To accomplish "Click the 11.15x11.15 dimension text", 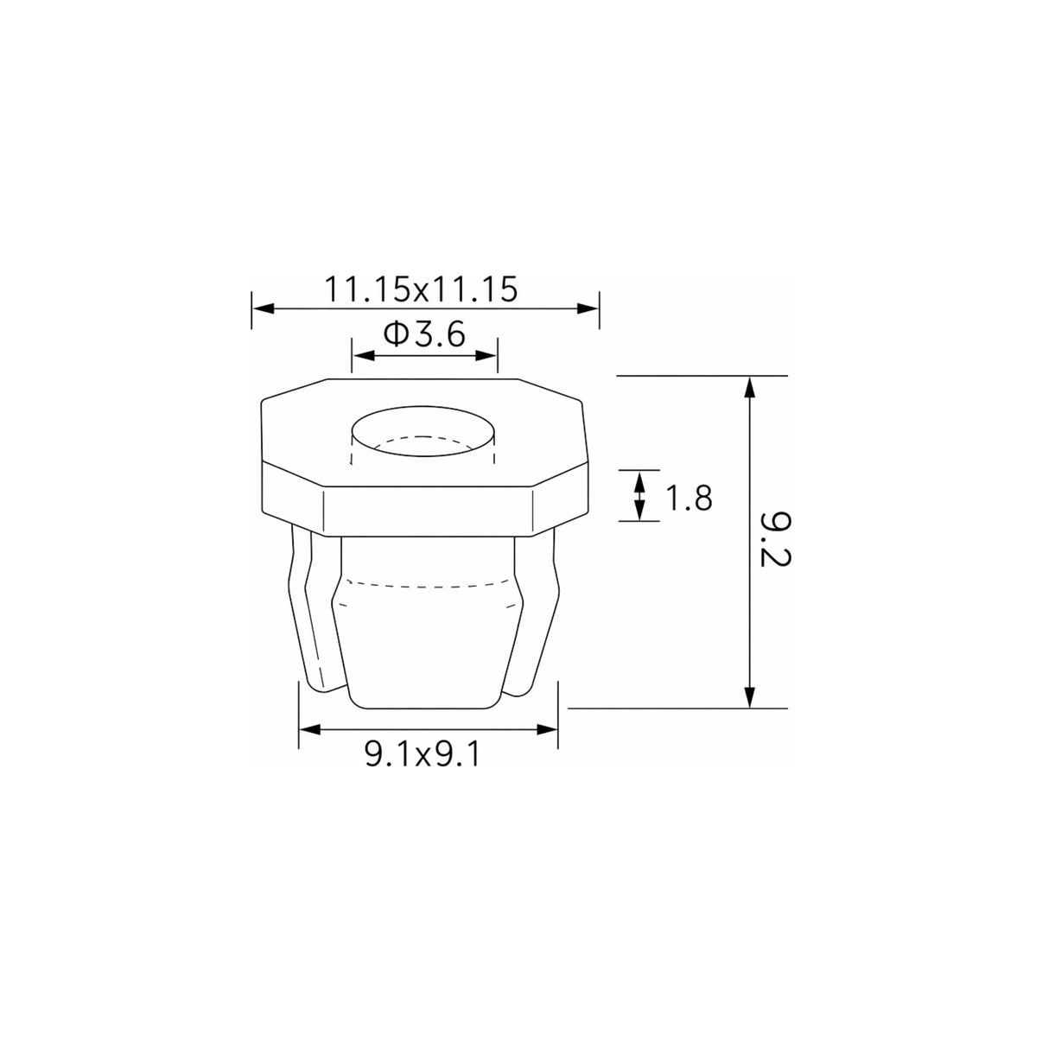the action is (421, 289).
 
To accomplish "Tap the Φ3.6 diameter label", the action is (424, 334).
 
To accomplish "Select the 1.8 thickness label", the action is (688, 498).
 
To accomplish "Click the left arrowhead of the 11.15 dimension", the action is (263, 308).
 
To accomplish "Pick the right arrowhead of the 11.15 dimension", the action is (588, 308).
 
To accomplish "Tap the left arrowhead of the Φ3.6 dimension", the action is (364, 355).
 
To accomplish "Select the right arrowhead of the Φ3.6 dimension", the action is (486, 355).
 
